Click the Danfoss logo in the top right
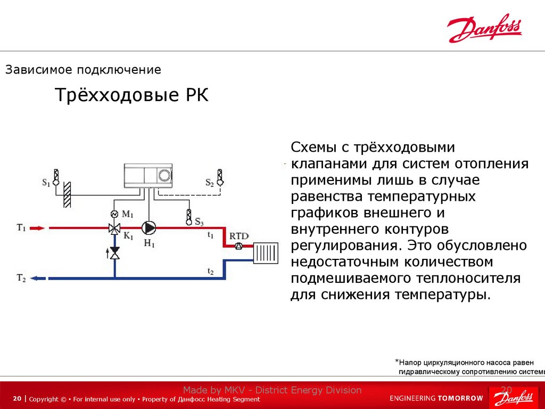pyautogui.click(x=484, y=30)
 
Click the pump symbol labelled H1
pyautogui.click(x=149, y=228)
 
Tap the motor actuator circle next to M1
pyautogui.click(x=114, y=214)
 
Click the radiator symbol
pyautogui.click(x=266, y=253)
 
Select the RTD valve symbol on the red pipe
pyautogui.click(x=238, y=246)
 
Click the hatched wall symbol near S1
pyautogui.click(x=67, y=194)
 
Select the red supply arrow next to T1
pyautogui.click(x=38, y=228)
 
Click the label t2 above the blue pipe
pyautogui.click(x=210, y=272)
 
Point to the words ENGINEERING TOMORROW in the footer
pyautogui.click(x=436, y=398)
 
